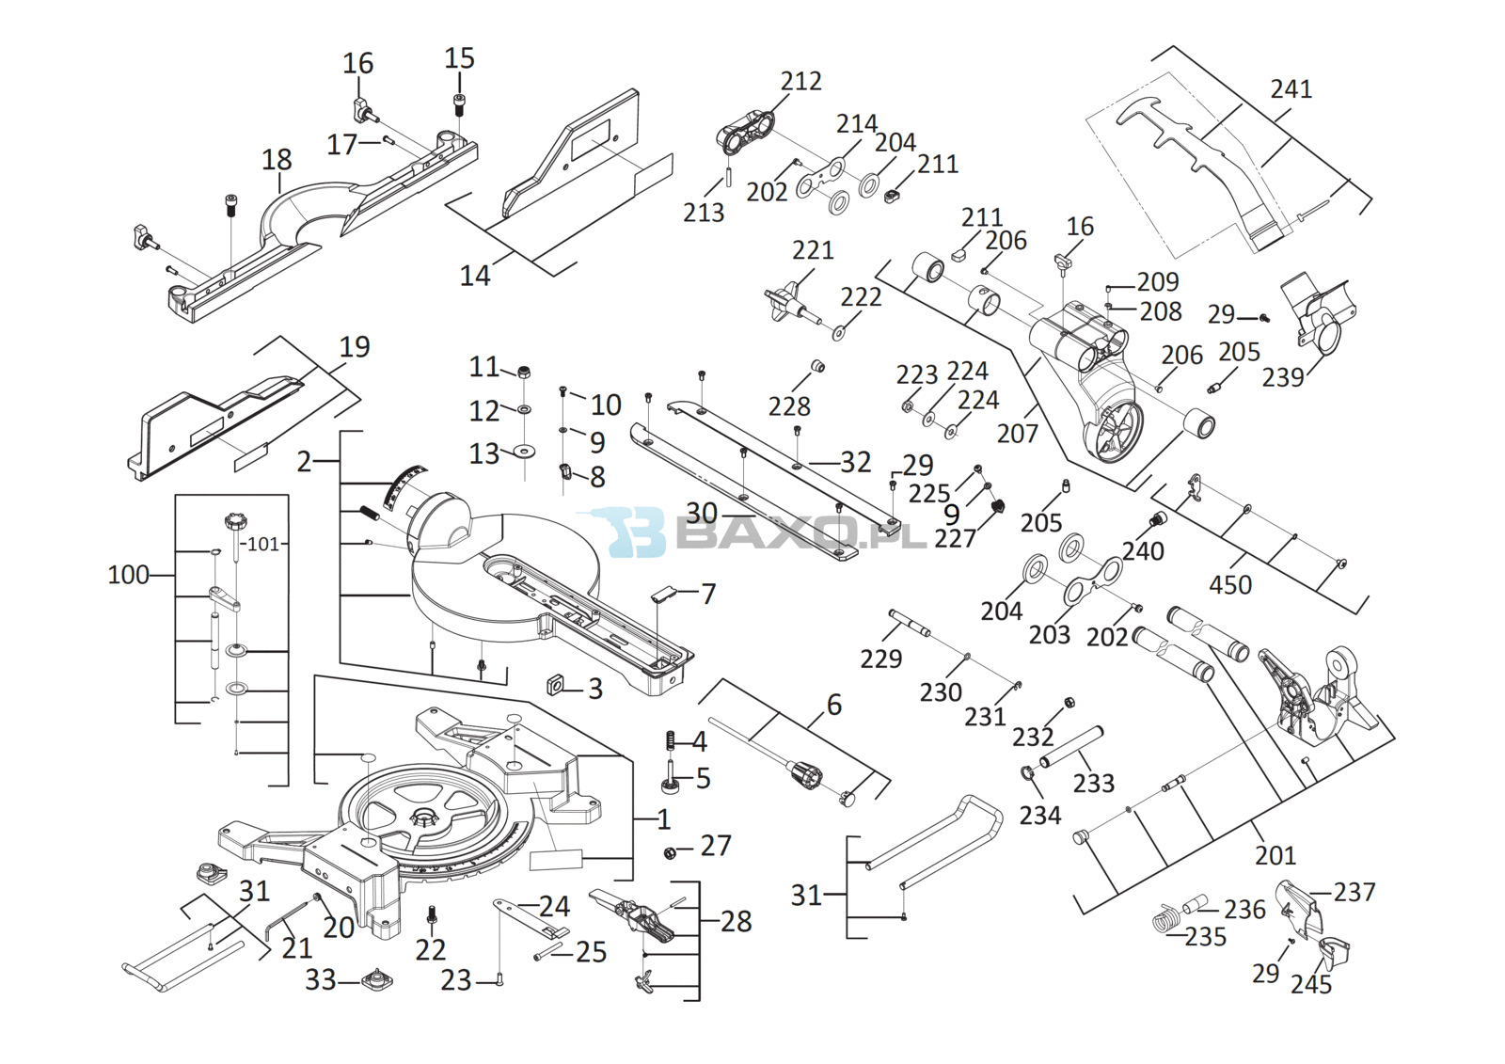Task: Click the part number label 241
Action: (x=1291, y=89)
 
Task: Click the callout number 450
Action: (x=1229, y=585)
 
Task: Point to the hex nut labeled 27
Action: (x=671, y=853)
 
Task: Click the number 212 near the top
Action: (x=800, y=82)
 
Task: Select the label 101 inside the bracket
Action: (x=263, y=544)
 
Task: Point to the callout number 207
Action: (x=1017, y=434)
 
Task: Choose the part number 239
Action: (x=1282, y=377)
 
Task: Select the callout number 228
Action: (x=788, y=406)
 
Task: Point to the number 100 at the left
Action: (x=128, y=575)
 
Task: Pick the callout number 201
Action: (x=1275, y=855)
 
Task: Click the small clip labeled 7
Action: (x=664, y=593)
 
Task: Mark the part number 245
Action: (x=1310, y=985)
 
